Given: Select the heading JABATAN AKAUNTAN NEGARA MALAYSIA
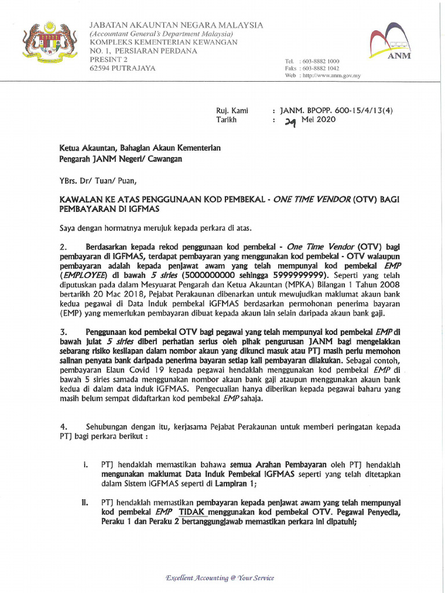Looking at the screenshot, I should [x=176, y=25].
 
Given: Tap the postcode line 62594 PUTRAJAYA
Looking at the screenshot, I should [x=122, y=68].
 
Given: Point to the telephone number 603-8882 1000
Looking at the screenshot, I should [x=319, y=61].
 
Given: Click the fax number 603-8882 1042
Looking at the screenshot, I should [x=319, y=68].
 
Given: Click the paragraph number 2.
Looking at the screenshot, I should [x=64, y=247].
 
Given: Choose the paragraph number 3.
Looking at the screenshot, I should [x=64, y=332].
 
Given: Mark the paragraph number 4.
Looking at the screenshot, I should [x=64, y=427].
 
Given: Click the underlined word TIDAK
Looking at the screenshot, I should [x=192, y=513].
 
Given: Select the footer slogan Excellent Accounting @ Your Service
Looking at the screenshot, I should [x=220, y=578].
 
